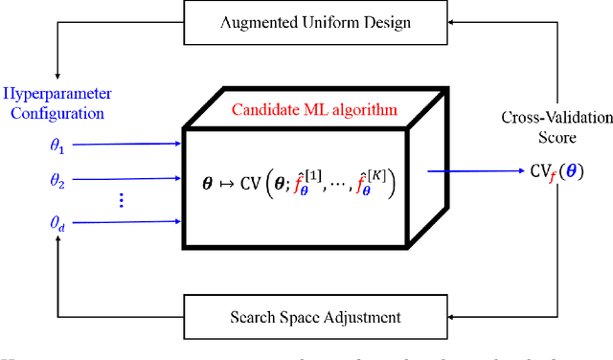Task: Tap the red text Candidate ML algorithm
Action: pyautogui.click(x=314, y=110)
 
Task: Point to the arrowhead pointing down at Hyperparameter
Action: pyautogui.click(x=58, y=76)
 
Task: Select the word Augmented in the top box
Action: pyautogui.click(x=251, y=22)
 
